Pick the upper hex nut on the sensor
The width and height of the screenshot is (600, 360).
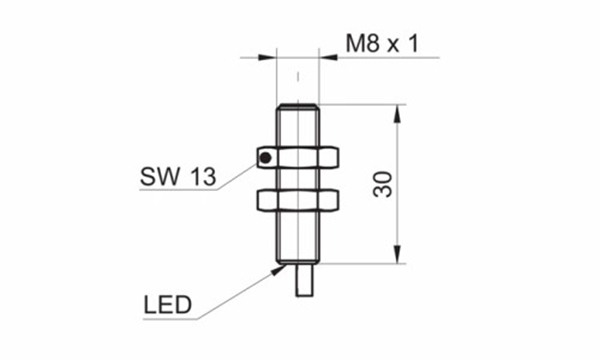(x=298, y=156)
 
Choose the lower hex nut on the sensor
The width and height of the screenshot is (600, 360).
(x=298, y=200)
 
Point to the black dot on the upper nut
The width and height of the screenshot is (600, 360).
(x=264, y=158)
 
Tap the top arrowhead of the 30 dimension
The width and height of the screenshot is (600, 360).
(x=398, y=110)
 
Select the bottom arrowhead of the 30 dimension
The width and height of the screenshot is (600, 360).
(x=398, y=258)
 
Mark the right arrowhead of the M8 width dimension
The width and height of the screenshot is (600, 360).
(x=325, y=58)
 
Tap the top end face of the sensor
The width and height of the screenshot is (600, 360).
(x=298, y=103)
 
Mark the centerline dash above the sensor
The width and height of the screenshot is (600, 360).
(x=298, y=78)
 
